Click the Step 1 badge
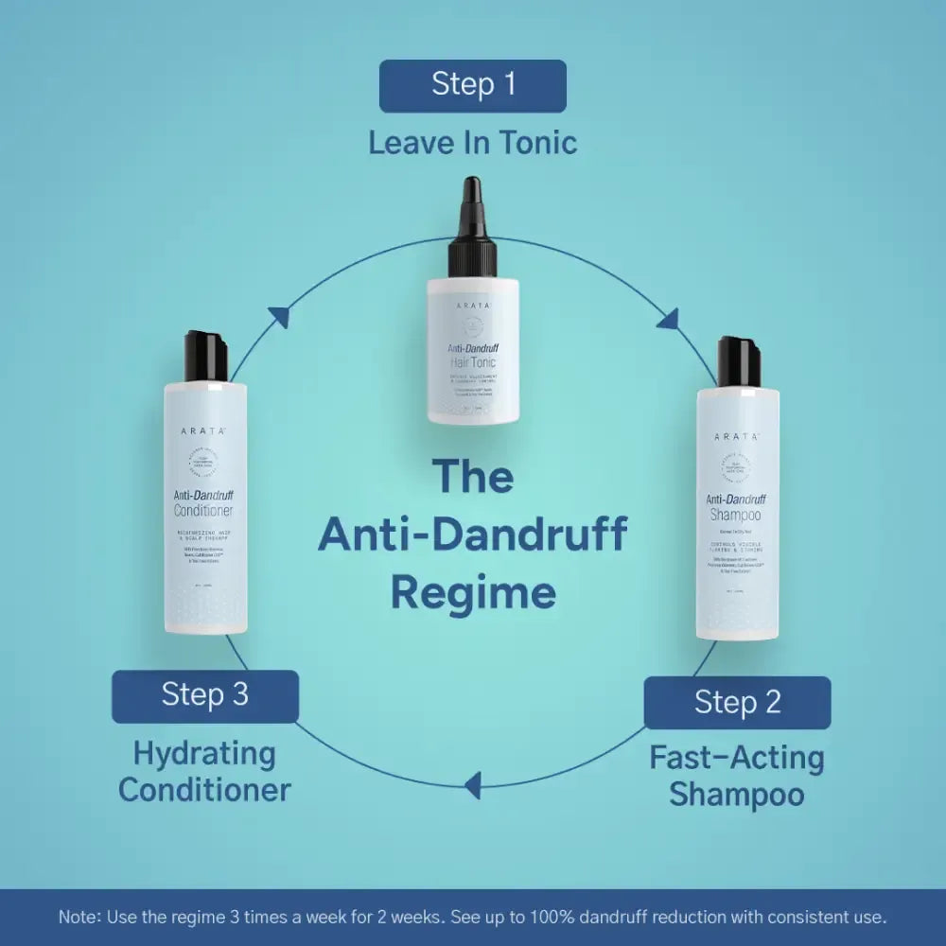pos(473,85)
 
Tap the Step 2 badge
pos(737,703)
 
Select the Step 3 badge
pos(205,696)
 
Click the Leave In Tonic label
pos(473,143)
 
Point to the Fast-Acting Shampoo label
pos(737,776)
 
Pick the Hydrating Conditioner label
pos(205,771)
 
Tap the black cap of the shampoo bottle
pos(739,362)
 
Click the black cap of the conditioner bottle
pos(206,356)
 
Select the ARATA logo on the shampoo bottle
pos(738,436)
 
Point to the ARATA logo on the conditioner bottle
pos(204,430)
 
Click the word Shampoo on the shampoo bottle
pos(736,515)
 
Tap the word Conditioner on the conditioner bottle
pos(203,511)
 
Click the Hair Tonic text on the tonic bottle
pos(472,362)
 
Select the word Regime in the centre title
pos(473,593)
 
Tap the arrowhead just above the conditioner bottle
pos(278,318)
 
